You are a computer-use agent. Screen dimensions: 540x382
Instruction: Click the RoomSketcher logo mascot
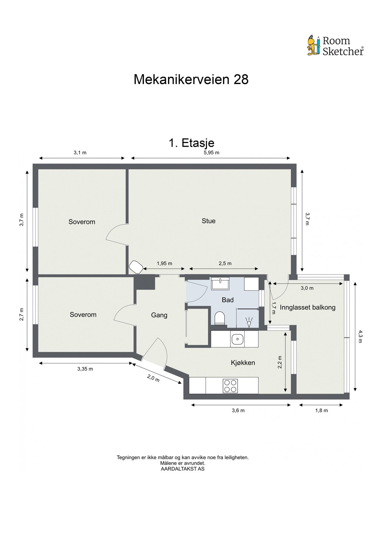coord(314,46)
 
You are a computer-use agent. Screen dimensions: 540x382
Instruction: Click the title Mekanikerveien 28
coord(191,80)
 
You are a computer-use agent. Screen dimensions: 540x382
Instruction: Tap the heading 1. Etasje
coord(191,143)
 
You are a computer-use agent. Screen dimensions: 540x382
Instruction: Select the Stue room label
coord(208,221)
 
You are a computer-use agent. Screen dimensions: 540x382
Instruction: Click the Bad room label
coord(227,300)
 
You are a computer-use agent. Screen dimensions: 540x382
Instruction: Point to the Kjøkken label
coord(243,363)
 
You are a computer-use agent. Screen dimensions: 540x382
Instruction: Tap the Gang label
coord(159,315)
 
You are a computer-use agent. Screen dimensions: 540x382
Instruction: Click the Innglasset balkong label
coord(307,307)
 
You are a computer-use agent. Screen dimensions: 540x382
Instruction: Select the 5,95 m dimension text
coord(211,153)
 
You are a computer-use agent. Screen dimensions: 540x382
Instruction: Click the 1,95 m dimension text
coord(164,264)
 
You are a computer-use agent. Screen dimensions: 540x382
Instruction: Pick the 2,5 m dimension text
coord(225,264)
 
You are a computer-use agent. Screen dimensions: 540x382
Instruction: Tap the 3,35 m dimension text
coord(85,369)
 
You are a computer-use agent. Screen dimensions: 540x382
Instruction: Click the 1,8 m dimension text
coord(321,411)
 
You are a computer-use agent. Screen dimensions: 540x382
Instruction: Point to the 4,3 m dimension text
coord(360,336)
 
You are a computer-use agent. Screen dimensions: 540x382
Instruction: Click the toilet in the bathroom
coord(220,318)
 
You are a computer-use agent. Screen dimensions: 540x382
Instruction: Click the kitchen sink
coord(237,339)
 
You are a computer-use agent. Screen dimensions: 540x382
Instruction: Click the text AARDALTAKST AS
coord(182,469)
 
